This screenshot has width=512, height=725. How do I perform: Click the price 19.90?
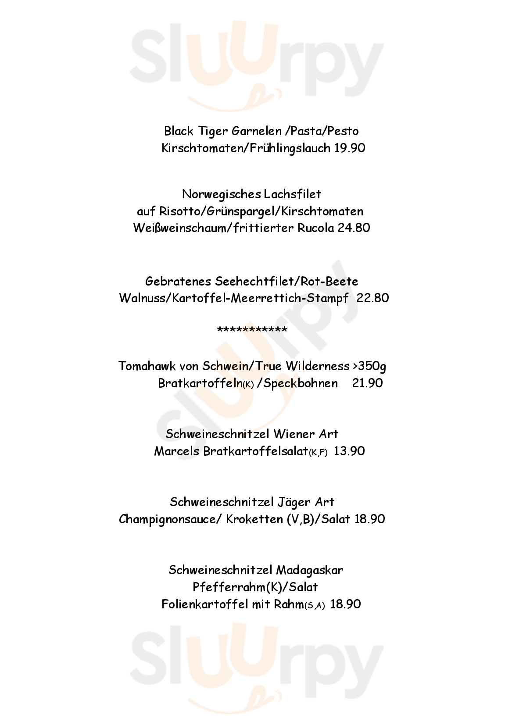[x=349, y=148]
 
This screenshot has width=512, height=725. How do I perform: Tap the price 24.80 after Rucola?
[x=354, y=228]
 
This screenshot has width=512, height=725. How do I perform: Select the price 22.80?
[x=373, y=298]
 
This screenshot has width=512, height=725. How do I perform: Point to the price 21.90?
[x=367, y=383]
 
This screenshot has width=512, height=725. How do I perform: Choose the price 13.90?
[x=349, y=451]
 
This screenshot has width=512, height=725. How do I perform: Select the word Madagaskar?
[x=309, y=570]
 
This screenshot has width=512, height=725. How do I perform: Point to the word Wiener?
[x=293, y=434]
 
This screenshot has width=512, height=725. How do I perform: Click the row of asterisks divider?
[x=252, y=330]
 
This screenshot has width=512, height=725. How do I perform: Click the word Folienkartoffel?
[x=204, y=604]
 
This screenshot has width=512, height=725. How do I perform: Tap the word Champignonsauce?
[x=170, y=520]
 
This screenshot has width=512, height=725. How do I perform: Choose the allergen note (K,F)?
[x=318, y=453]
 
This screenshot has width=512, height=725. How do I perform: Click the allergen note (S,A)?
[x=315, y=606]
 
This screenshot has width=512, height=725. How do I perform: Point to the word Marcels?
[x=176, y=451]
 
